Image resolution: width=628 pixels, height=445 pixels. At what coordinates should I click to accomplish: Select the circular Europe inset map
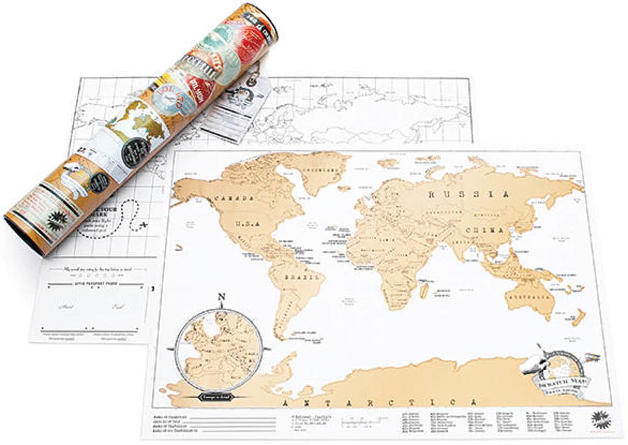(x=219, y=350)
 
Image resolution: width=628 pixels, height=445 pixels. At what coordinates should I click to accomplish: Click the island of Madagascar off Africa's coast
(x=423, y=291)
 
